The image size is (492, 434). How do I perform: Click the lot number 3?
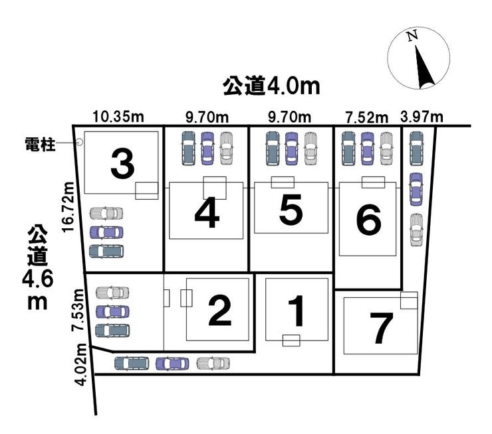pyautogui.click(x=122, y=164)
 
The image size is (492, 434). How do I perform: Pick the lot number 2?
pyautogui.click(x=219, y=310)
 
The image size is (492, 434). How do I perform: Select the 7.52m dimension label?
pyautogui.click(x=366, y=117)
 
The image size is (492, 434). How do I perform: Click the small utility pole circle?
pyautogui.click(x=79, y=142)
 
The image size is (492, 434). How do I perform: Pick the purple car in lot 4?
pyautogui.click(x=207, y=147)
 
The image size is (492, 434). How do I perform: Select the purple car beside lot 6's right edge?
pyautogui.click(x=415, y=188)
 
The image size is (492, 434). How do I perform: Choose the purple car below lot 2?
pyautogui.click(x=172, y=364)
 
